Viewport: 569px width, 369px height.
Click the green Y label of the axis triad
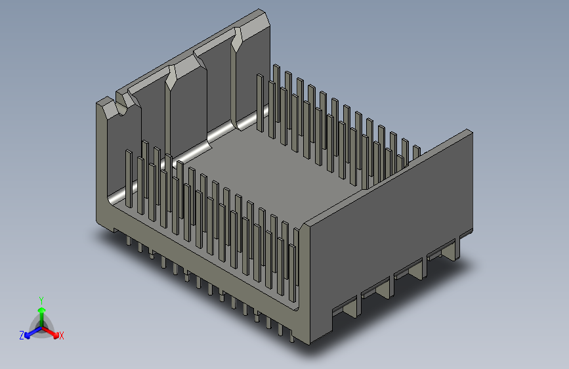click(x=41, y=301)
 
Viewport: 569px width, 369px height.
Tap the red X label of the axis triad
click(x=61, y=336)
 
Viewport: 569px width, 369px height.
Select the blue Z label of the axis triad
click(x=22, y=336)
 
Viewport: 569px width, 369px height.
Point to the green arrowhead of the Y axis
click(x=42, y=310)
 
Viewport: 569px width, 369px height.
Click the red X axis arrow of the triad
click(x=51, y=332)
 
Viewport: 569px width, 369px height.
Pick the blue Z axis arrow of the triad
click(x=33, y=332)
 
